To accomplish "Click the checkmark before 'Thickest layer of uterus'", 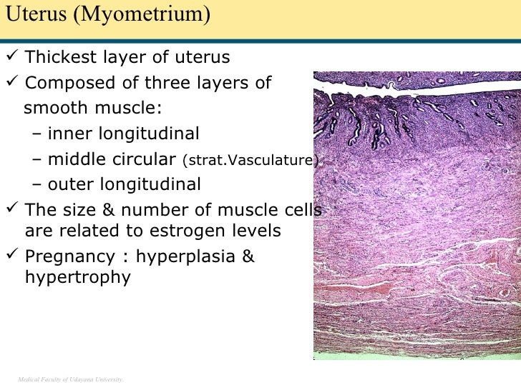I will [12, 57].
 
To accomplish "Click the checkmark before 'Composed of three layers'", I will [12, 83].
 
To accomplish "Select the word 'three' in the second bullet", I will [170, 84].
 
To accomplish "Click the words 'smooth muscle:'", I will [93, 109].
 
